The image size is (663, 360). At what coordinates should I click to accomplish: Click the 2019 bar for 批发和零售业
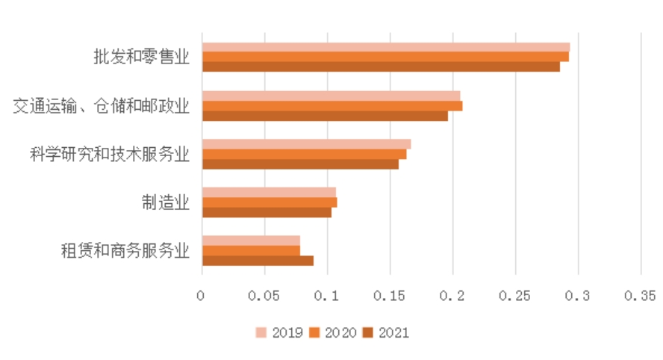tap(385, 47)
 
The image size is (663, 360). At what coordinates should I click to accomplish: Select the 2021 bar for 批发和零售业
tap(381, 66)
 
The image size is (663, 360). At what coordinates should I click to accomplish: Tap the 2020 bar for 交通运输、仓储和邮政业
tap(332, 105)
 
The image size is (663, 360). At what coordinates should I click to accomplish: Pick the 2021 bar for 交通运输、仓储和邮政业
tap(325, 115)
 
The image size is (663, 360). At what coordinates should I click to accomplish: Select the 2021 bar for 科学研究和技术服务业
tap(300, 164)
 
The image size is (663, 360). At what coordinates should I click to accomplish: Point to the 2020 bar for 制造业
tap(270, 202)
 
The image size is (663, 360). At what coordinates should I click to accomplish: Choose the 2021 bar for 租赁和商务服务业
tap(258, 260)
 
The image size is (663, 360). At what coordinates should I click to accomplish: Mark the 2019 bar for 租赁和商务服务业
tap(251, 240)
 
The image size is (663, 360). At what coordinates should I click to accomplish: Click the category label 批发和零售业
tap(140, 57)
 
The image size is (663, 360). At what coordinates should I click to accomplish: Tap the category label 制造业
tap(166, 202)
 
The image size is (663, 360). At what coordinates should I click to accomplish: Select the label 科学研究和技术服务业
tap(109, 154)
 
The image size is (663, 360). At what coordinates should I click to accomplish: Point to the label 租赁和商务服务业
tap(125, 250)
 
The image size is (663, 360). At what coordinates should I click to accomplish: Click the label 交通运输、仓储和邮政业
tap(102, 105)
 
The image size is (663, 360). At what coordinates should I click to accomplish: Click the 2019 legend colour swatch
tap(261, 332)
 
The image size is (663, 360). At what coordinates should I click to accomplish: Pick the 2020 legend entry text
tap(340, 332)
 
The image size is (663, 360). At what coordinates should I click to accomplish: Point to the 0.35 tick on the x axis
tap(639, 296)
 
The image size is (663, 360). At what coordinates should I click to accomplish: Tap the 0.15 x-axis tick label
tap(389, 296)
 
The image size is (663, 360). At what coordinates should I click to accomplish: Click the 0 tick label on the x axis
tap(201, 296)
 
